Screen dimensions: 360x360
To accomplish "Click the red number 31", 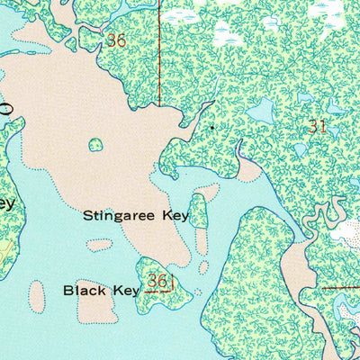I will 316,127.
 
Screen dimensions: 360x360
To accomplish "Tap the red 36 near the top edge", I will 115,40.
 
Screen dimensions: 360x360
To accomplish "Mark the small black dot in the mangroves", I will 211,128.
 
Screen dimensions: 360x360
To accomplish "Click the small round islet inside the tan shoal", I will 95,144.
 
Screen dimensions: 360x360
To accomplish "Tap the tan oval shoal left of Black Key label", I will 37,294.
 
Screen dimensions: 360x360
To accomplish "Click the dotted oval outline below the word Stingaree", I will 100,244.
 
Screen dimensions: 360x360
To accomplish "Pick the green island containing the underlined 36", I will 162,279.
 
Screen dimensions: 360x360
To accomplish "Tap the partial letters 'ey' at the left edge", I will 6,204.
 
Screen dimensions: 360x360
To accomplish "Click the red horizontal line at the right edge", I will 342,289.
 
